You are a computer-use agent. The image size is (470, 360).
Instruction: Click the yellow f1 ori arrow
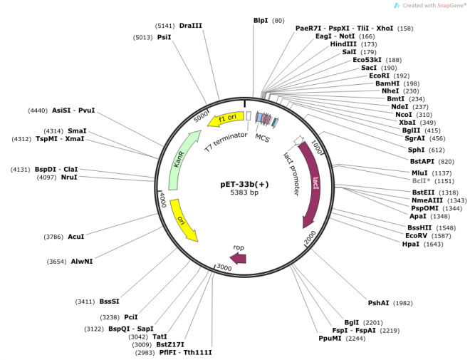point(226,119)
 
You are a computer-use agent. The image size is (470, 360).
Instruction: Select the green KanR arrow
point(184,160)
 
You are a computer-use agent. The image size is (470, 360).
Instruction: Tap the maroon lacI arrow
point(310,184)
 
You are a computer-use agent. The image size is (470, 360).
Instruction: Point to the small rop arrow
point(238,258)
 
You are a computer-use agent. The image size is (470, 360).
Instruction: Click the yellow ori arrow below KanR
point(183,220)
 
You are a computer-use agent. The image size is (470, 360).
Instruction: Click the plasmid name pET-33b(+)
point(244,184)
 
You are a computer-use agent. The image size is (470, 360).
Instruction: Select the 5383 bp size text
point(244,192)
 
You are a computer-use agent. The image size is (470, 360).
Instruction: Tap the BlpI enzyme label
point(261,21)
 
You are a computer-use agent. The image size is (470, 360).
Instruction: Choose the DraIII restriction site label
point(191,26)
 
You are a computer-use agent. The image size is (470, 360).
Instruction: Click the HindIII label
point(343,44)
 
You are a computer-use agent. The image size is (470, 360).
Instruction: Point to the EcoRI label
point(379,76)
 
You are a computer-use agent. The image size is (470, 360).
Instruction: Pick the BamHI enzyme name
point(387,83)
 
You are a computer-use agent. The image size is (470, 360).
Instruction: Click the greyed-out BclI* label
point(421,181)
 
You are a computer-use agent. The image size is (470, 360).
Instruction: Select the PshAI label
point(378,303)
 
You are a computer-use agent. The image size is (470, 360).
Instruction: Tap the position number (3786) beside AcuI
point(53,237)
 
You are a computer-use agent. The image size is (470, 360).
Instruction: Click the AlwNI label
point(82,262)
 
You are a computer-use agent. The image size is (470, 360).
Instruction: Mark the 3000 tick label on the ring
point(224,267)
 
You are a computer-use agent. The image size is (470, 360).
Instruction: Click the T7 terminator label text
point(226,142)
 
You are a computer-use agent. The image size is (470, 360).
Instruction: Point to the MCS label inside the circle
point(263,138)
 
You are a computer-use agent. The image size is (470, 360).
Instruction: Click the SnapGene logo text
point(434,6)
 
